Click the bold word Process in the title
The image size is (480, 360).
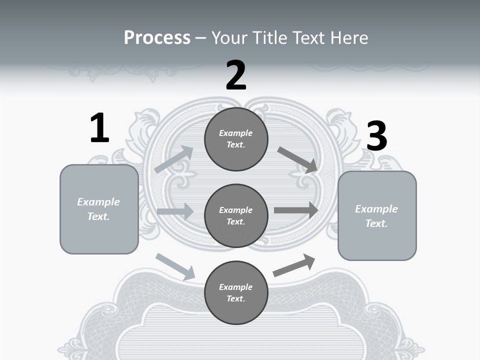(x=157, y=38)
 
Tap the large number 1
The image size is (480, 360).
(x=99, y=128)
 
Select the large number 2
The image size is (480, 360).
(x=236, y=75)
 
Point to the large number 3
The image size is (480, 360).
(x=376, y=136)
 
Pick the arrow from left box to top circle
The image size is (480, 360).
(x=173, y=159)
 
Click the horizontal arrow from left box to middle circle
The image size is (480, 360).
(x=175, y=211)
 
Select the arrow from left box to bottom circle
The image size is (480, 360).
(x=175, y=266)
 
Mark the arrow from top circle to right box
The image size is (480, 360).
(x=298, y=160)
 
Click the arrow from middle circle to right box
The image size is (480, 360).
(x=296, y=210)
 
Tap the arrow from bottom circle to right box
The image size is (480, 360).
(x=294, y=265)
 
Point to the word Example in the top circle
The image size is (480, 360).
(x=235, y=133)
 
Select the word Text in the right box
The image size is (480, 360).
(x=376, y=223)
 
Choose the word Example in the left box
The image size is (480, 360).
(x=98, y=202)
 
